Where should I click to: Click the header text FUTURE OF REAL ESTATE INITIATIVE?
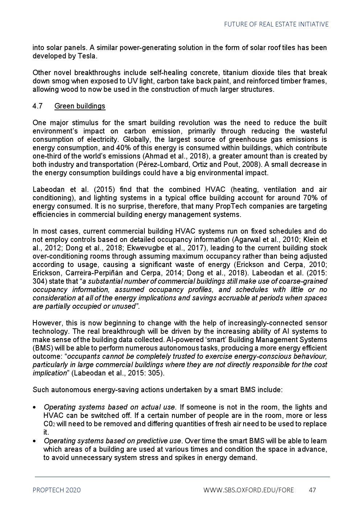pos(276,24)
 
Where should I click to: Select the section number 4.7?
pos(37,106)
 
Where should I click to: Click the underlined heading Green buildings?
pos(80,106)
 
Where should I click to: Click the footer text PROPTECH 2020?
pos(57,490)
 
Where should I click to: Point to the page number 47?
pos(312,490)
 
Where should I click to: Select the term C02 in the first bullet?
pos(49,424)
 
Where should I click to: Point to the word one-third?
pos(47,156)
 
